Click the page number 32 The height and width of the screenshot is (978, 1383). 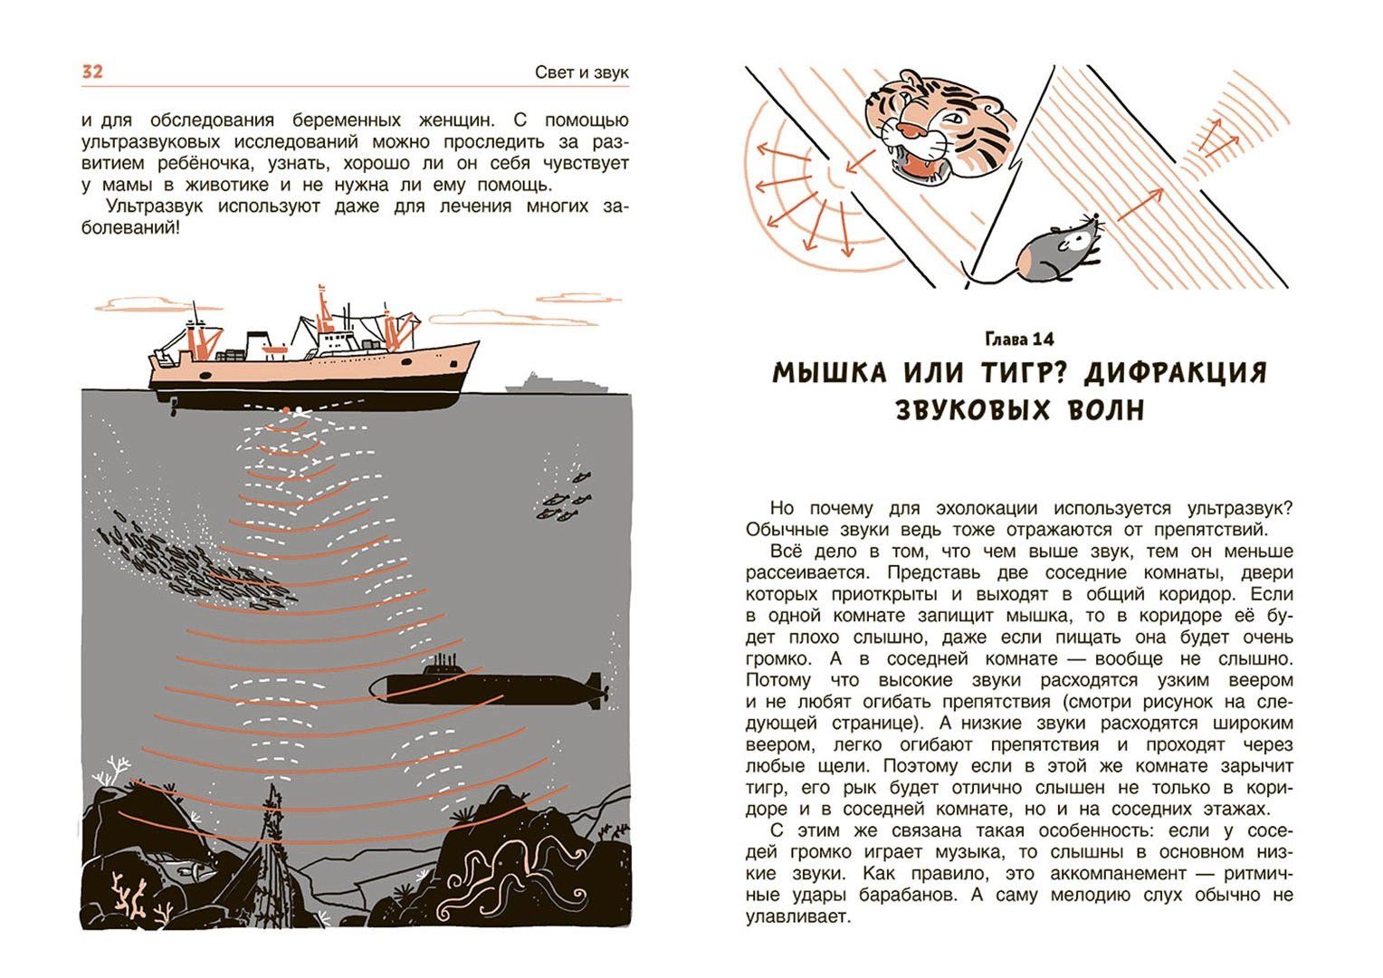[92, 72]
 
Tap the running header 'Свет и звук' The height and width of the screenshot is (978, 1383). [582, 72]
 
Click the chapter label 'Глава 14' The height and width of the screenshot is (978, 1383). [1019, 340]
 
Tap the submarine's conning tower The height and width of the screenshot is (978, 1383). [443, 665]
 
